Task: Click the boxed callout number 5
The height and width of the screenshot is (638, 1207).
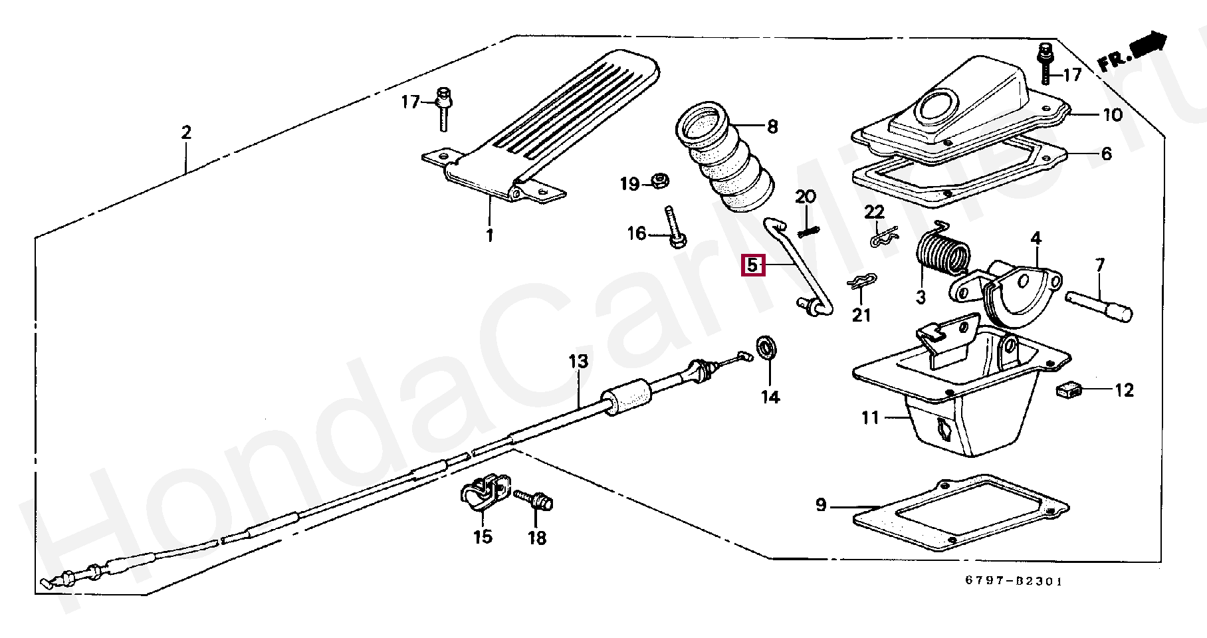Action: [752, 265]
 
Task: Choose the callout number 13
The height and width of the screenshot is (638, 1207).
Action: [578, 362]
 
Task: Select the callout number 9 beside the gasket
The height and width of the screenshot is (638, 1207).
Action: [821, 505]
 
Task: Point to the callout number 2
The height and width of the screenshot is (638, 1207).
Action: [186, 132]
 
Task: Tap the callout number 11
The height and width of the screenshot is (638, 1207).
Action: [870, 418]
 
